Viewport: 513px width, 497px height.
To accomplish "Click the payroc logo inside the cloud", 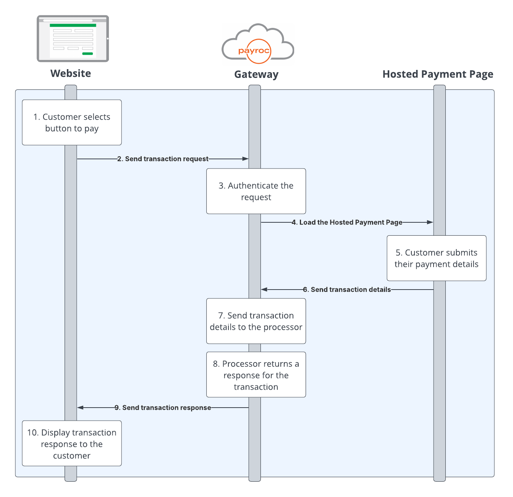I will coord(254,51).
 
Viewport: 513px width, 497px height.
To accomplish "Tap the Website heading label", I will coord(71,73).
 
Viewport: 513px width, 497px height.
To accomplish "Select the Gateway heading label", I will coord(256,74).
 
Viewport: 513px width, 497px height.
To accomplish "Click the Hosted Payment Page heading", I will coord(438,74).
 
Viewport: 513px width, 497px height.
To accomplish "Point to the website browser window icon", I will coord(73,39).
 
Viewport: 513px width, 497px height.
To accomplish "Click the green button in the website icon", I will coord(87,54).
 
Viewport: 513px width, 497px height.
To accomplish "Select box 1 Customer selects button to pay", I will coord(72,123).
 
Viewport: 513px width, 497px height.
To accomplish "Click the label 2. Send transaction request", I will coord(163,159).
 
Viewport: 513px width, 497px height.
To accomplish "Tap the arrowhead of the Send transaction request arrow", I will coord(246,159).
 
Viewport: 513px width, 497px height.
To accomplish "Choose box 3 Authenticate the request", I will coord(256,191).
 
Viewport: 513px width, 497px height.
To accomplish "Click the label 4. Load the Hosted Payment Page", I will coord(347,222).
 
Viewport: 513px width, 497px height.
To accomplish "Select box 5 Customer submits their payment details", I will coord(436,258).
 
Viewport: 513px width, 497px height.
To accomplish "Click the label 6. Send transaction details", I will coord(347,290).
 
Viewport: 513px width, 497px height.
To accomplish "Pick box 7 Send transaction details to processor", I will coord(256,321).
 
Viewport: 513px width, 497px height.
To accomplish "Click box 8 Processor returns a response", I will coord(256,375).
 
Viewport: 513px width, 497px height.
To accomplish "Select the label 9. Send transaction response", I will coord(163,408).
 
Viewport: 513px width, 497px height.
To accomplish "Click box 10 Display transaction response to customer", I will coord(72,444).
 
